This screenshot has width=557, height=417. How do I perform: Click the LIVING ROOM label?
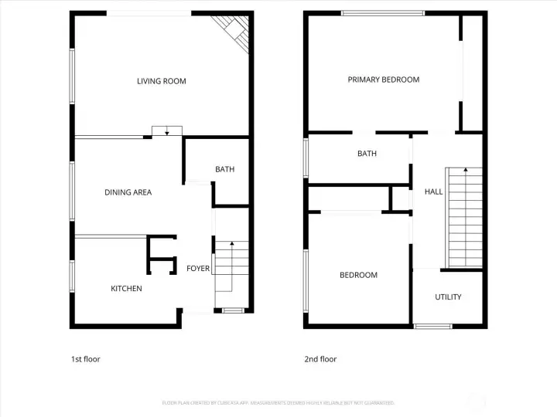[162, 81]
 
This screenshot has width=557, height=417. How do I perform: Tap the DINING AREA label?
[128, 192]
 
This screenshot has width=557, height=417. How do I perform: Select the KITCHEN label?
[126, 289]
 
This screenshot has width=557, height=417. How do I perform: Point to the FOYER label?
[198, 269]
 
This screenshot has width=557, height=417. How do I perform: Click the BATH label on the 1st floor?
[224, 169]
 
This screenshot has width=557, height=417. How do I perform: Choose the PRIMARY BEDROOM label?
[383, 80]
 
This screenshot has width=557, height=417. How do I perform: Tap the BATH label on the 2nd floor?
[367, 154]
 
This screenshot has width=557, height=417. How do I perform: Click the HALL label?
[434, 192]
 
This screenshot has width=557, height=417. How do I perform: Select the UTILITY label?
[448, 297]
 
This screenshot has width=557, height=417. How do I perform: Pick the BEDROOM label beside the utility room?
[358, 275]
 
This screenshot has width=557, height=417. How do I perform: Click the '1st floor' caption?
[86, 359]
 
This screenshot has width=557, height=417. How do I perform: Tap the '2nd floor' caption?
[321, 359]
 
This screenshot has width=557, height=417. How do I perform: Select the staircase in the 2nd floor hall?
[465, 218]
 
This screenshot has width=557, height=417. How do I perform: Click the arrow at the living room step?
[166, 131]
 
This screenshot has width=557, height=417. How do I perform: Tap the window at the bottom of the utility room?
[432, 326]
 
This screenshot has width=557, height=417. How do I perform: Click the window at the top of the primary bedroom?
[383, 13]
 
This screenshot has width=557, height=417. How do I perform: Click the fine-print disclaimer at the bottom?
[278, 403]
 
